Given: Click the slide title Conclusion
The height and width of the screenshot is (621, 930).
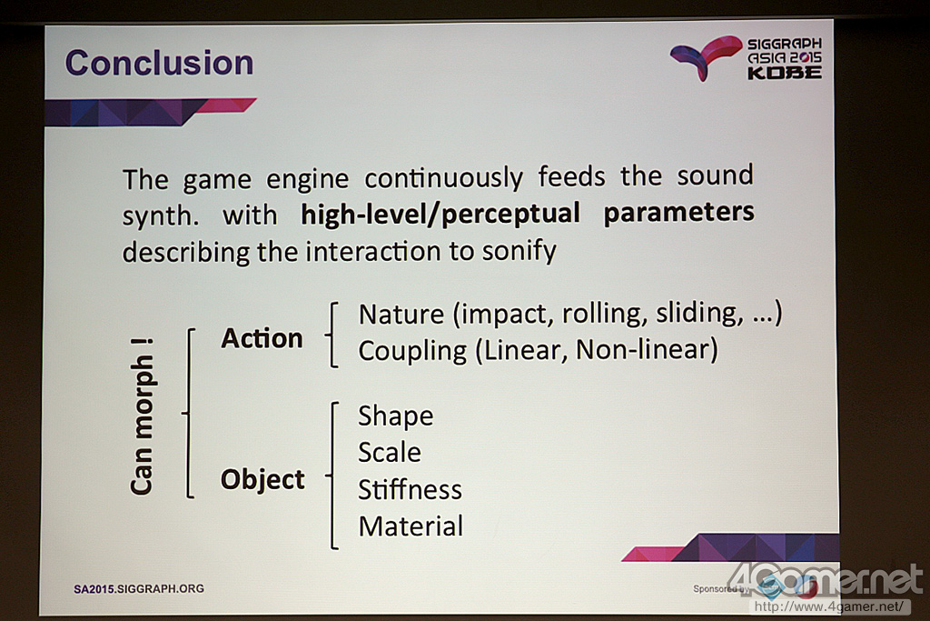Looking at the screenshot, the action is click(159, 63).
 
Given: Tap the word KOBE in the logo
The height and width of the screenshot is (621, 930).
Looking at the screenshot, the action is click(784, 73).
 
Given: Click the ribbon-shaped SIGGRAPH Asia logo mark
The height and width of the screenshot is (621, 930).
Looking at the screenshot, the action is click(706, 57).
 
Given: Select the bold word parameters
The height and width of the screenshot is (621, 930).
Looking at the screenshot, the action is click(678, 213).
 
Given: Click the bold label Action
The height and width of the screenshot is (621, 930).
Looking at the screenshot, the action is click(262, 338).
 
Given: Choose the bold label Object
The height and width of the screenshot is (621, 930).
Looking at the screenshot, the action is click(262, 479).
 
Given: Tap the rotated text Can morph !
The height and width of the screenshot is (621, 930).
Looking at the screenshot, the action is click(143, 416).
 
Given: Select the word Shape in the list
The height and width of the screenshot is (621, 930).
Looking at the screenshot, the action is click(396, 416).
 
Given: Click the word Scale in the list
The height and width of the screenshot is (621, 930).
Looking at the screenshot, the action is click(389, 453).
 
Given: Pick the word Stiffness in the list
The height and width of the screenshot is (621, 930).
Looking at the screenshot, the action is click(410, 489).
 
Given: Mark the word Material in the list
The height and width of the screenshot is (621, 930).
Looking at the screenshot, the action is click(411, 526).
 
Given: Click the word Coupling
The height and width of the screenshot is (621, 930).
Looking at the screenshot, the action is click(412, 351).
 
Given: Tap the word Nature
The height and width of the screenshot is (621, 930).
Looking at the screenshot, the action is click(401, 314).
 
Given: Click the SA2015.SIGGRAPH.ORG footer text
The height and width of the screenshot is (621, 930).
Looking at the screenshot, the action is click(139, 589).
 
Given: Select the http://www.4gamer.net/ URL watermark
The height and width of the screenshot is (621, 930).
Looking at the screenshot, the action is click(830, 606).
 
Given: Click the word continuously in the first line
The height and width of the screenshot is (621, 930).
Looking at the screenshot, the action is click(443, 178).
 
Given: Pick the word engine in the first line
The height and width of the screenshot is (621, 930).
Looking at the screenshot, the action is click(307, 180).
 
